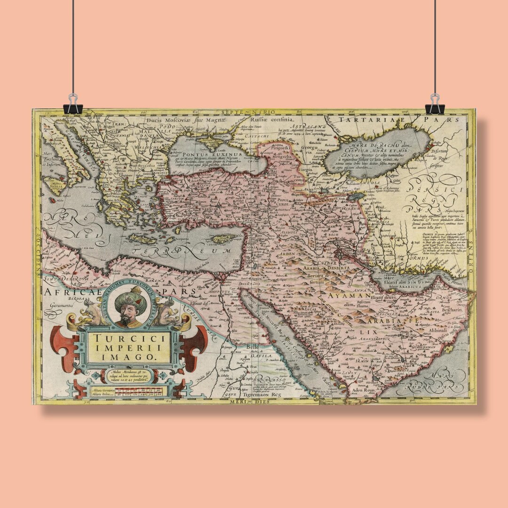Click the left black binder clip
72,105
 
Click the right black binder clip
434,105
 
